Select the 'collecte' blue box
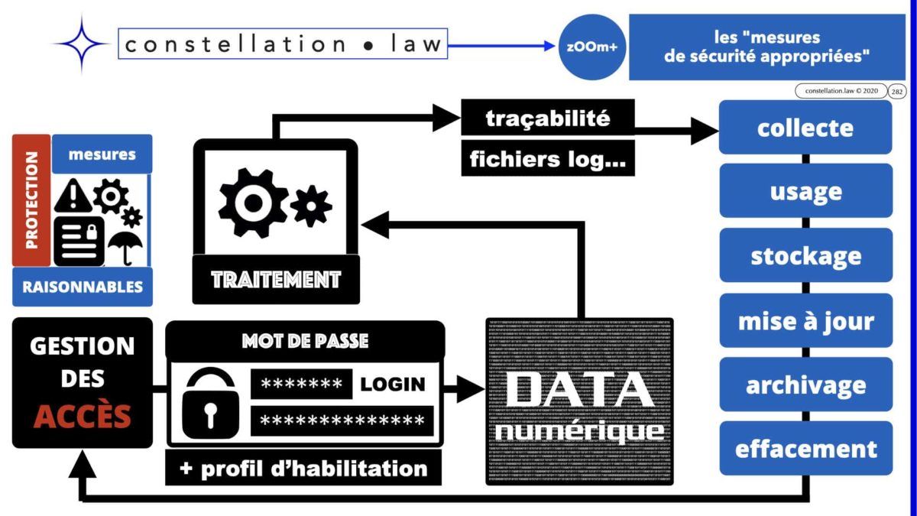pyautogui.click(x=805, y=128)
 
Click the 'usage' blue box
pyautogui.click(x=805, y=191)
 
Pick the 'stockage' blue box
pyautogui.click(x=805, y=255)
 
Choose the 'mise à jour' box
pyautogui.click(x=805, y=320)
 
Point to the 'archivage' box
pyautogui.click(x=805, y=385)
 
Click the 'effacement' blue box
pyautogui.click(x=805, y=449)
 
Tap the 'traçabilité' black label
pyautogui.click(x=548, y=118)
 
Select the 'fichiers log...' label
pyautogui.click(x=548, y=159)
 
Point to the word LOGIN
pyautogui.click(x=393, y=384)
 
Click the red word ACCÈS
pyautogui.click(x=83, y=417)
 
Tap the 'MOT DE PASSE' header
pyautogui.click(x=305, y=341)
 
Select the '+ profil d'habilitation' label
pyautogui.click(x=303, y=468)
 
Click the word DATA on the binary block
pyautogui.click(x=579, y=390)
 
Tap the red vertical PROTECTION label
pyautogui.click(x=31, y=200)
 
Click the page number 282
pyautogui.click(x=898, y=91)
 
